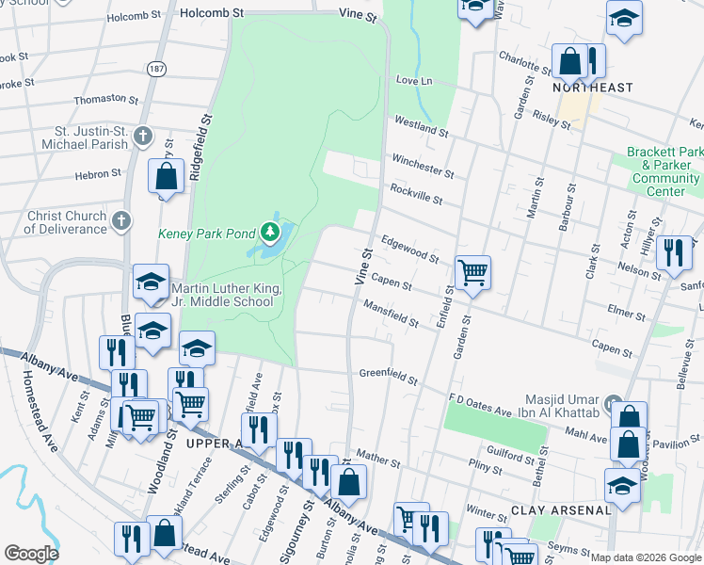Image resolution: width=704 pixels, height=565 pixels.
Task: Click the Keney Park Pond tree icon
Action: tap(270, 231)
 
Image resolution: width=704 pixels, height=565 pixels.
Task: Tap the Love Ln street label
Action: tap(413, 81)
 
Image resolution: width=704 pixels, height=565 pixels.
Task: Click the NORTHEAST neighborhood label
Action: tap(593, 88)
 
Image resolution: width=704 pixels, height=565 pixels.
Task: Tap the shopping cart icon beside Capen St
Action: tap(472, 273)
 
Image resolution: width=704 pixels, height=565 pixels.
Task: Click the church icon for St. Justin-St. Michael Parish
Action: tap(142, 137)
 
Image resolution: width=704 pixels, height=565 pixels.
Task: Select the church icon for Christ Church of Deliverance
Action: tap(120, 221)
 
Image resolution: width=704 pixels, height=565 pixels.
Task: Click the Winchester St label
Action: tap(424, 166)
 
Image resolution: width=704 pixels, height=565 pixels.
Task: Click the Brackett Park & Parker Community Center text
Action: tap(665, 171)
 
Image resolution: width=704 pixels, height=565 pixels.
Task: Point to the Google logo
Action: tap(31, 554)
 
